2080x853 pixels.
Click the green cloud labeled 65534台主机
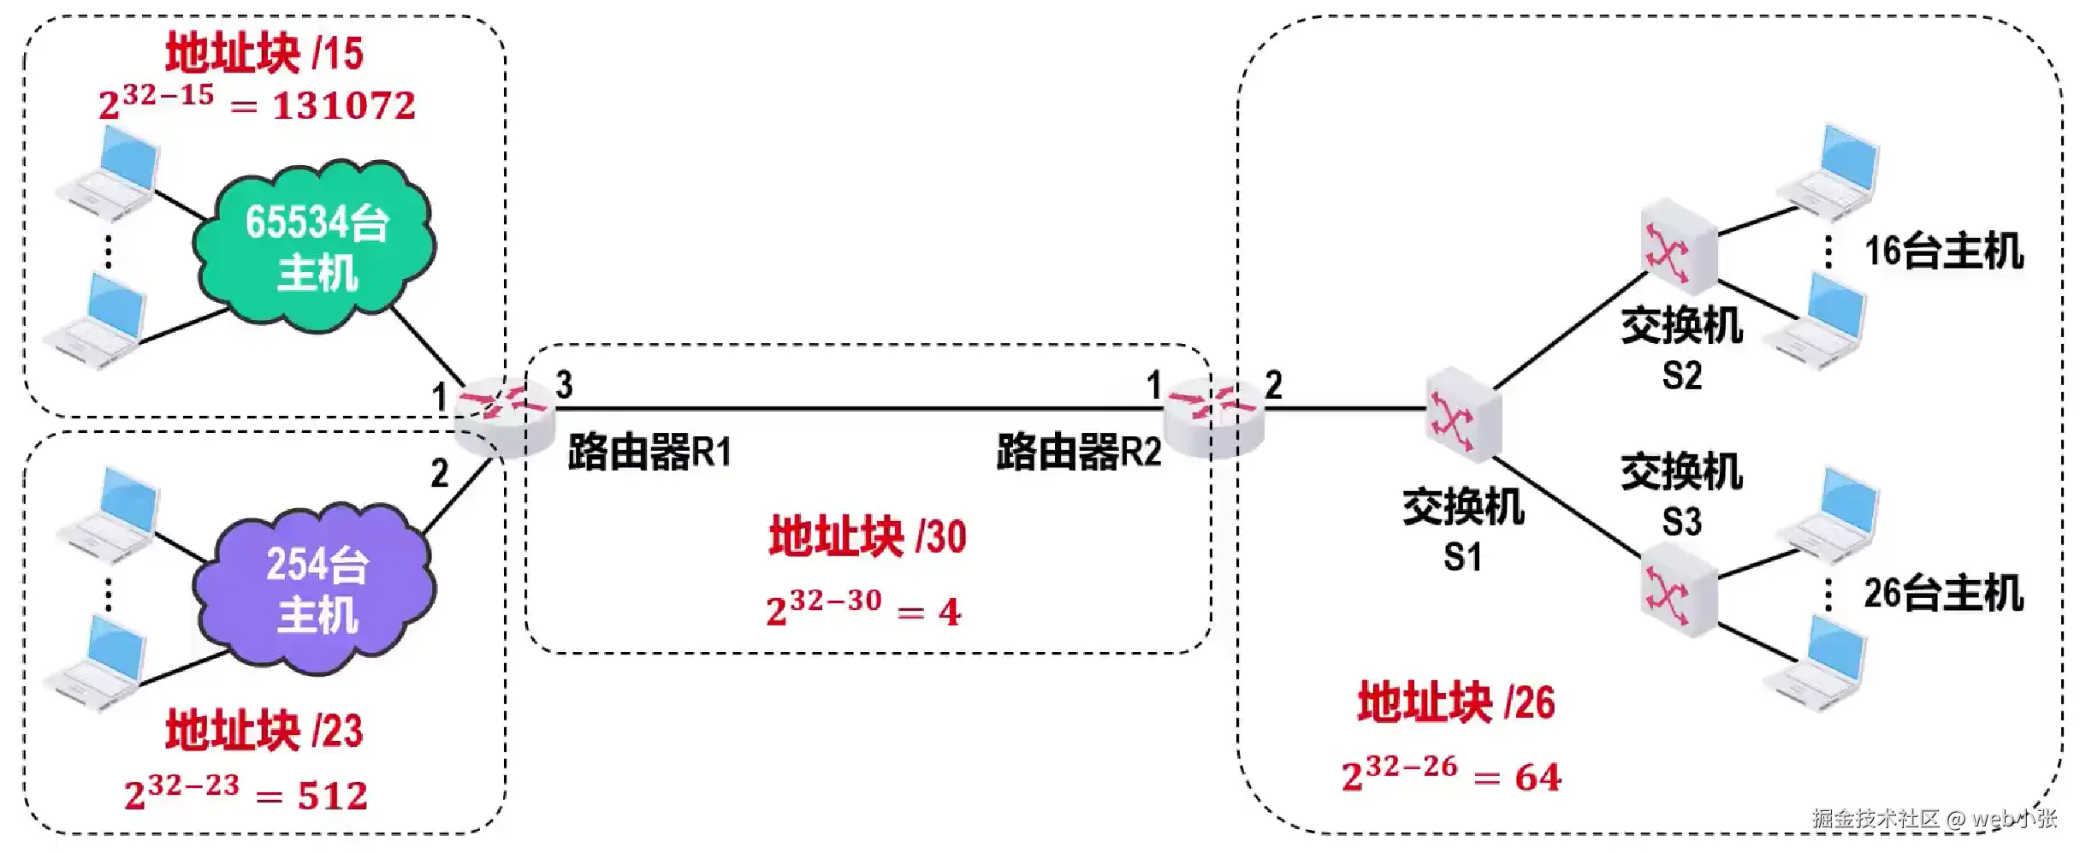pyautogui.click(x=315, y=246)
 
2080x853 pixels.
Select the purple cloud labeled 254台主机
pyautogui.click(x=315, y=589)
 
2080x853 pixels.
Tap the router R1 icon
pyautogui.click(x=503, y=417)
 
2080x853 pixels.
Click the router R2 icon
pyautogui.click(x=1214, y=417)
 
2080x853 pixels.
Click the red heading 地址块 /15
pyautogui.click(x=264, y=53)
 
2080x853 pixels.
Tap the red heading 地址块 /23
pyautogui.click(x=264, y=732)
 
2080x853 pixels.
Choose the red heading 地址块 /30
pyautogui.click(x=868, y=537)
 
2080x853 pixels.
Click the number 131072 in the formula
pyautogui.click(x=344, y=106)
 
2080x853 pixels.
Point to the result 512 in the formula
pyautogui.click(x=333, y=797)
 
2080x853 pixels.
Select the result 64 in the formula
pyautogui.click(x=1538, y=778)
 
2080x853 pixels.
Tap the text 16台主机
pyautogui.click(x=1943, y=252)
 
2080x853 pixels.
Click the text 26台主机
pyautogui.click(x=1943, y=594)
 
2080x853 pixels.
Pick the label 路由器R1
pyautogui.click(x=649, y=452)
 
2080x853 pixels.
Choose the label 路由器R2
pyautogui.click(x=1079, y=452)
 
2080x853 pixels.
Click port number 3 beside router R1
pyautogui.click(x=564, y=385)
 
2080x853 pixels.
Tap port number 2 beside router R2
pyautogui.click(x=1273, y=385)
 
